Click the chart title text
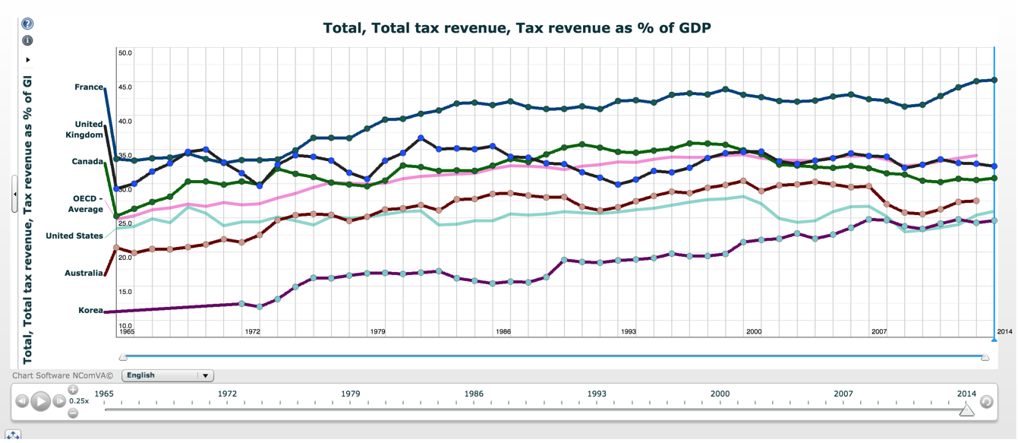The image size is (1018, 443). [516, 28]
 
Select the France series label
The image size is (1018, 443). [89, 87]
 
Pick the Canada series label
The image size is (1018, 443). [88, 162]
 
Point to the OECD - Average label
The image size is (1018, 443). [85, 204]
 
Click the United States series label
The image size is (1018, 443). [74, 236]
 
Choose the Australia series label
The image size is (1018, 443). [84, 274]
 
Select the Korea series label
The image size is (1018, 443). [90, 311]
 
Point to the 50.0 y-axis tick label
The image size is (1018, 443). [125, 53]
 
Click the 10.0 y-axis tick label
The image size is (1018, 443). [125, 326]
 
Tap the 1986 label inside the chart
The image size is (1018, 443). [503, 332]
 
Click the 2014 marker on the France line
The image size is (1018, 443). [994, 80]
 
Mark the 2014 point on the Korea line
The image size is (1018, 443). [994, 221]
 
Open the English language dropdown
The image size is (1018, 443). [168, 375]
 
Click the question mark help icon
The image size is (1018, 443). [27, 24]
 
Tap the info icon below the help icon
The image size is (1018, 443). [27, 40]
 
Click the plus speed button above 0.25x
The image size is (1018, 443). [73, 390]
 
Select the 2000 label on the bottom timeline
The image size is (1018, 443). [720, 394]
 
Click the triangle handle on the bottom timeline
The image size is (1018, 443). [966, 410]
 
